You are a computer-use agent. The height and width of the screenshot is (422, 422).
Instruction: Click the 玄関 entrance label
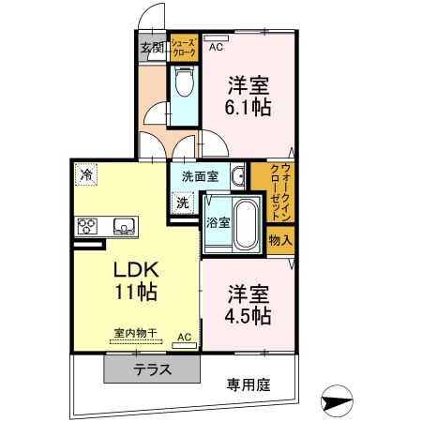[x=152, y=48]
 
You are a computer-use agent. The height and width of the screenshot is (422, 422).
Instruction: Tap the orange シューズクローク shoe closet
[x=183, y=49]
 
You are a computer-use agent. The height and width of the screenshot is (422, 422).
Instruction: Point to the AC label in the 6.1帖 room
[x=216, y=46]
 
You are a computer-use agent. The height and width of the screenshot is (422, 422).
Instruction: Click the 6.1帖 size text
[x=249, y=108]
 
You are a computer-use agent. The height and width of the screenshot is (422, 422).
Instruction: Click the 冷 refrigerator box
[x=86, y=173]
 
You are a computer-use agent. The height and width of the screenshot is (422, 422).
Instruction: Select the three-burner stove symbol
[x=88, y=226]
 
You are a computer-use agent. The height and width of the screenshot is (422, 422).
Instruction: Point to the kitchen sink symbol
[x=125, y=226]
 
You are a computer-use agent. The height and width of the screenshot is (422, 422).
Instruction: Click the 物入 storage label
[x=280, y=239]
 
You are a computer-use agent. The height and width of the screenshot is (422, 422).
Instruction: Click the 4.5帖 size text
[x=249, y=314]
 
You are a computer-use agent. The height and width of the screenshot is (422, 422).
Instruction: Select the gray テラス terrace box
[x=152, y=369]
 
